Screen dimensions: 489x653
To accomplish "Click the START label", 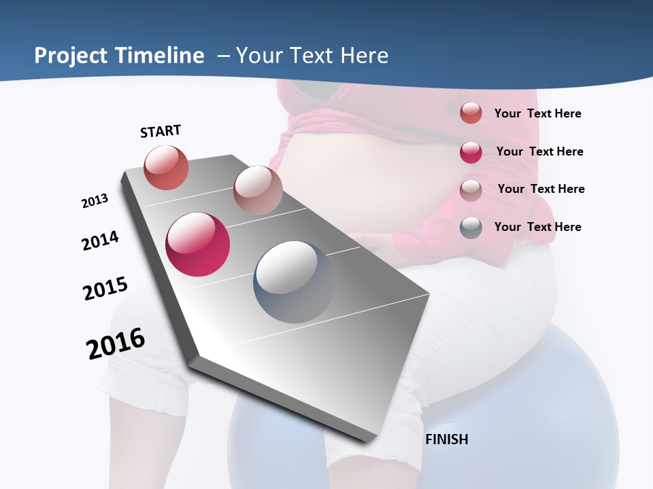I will click(x=161, y=131).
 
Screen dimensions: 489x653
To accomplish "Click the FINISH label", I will click(x=447, y=439).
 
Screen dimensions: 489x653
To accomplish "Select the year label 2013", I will click(x=95, y=201).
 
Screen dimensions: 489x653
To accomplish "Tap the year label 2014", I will click(x=100, y=240).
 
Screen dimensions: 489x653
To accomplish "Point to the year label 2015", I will click(x=105, y=288).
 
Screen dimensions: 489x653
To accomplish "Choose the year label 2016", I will click(x=116, y=343).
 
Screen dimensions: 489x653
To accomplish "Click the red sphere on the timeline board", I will click(x=166, y=168).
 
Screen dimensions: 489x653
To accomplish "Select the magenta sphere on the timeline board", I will click(x=197, y=244).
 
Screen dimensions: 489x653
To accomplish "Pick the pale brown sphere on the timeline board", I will click(x=258, y=189).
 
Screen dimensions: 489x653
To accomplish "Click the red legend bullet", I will click(x=471, y=113).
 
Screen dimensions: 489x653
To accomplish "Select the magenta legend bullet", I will click(x=471, y=151).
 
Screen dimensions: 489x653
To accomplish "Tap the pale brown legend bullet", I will click(x=471, y=189).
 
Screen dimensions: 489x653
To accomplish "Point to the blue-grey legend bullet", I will click(x=471, y=227).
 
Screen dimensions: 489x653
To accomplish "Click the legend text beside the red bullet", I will click(x=537, y=113).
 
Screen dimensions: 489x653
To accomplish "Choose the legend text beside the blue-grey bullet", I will click(x=537, y=227).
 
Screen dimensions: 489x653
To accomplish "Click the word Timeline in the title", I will click(x=161, y=56).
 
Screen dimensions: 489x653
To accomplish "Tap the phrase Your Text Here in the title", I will click(x=312, y=56).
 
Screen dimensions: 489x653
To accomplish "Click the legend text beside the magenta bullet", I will click(x=539, y=151).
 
